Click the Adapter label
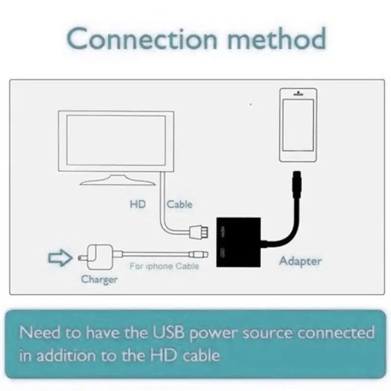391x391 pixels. pos(300,261)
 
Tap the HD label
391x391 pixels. pos(138,204)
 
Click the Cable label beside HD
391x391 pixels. pos(179,204)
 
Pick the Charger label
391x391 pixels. pos(99,280)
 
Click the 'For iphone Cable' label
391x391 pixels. pos(164,266)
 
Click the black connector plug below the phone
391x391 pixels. pos(297,184)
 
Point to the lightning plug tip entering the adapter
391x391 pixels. pos(201,254)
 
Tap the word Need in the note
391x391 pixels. pos(41,334)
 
